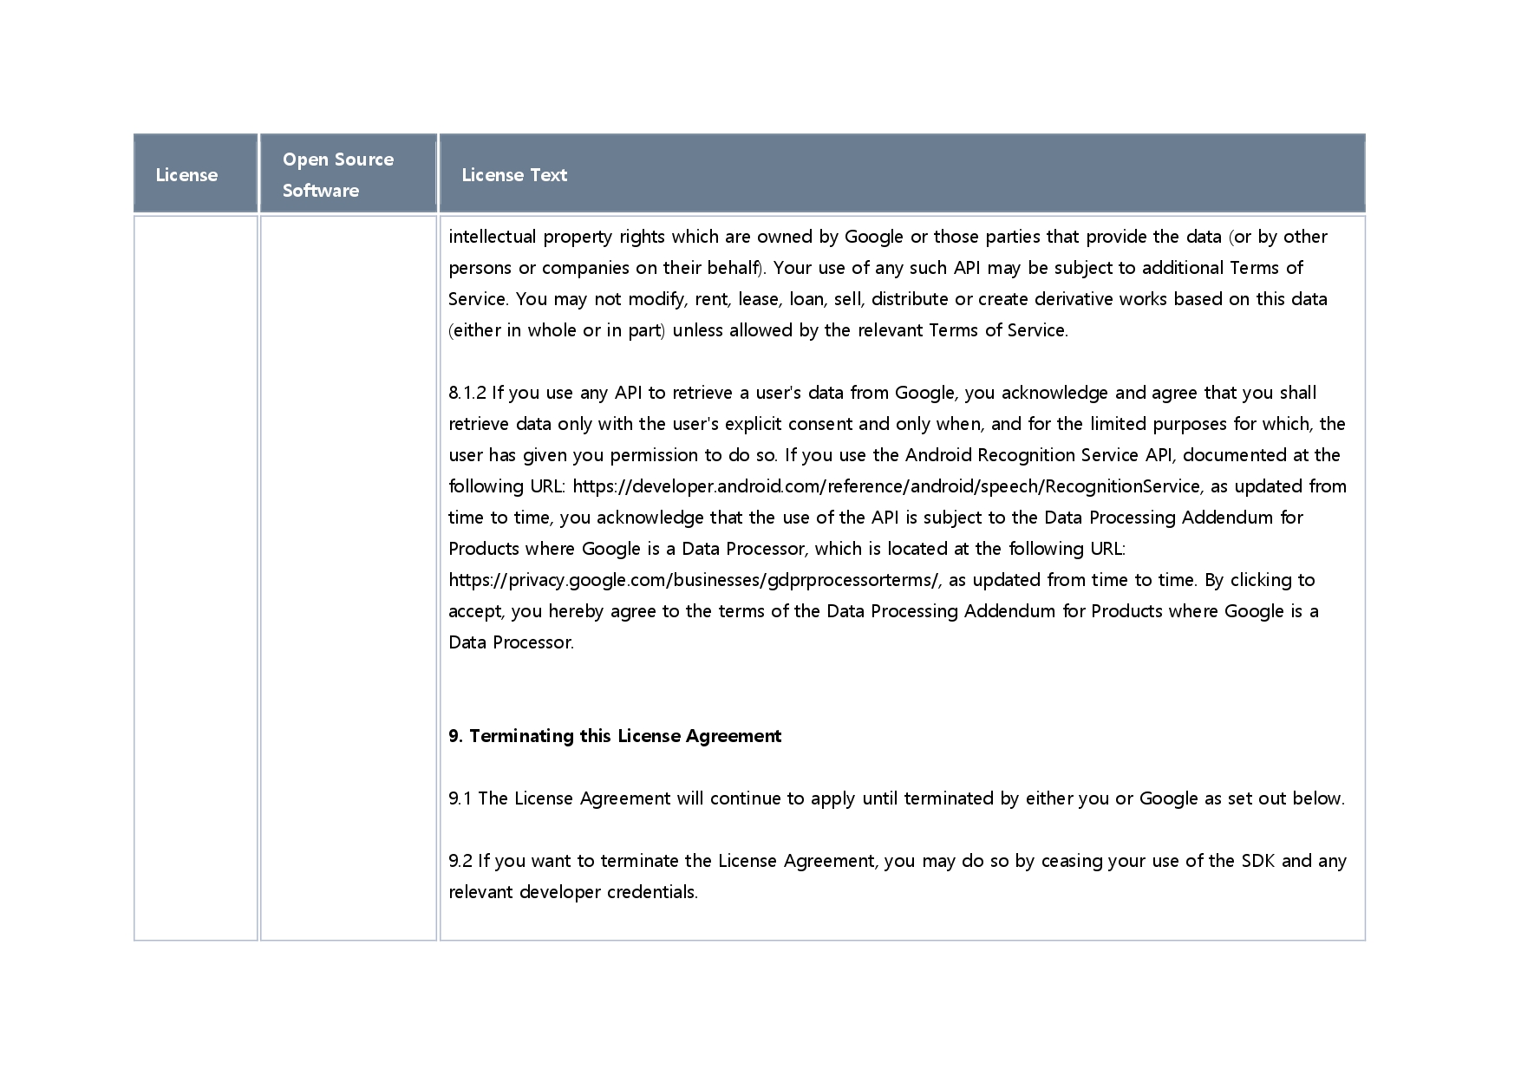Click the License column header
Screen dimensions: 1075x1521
point(186,175)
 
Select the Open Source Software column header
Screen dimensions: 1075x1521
point(337,174)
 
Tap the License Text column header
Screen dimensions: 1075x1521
point(514,175)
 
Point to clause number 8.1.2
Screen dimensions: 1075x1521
point(467,393)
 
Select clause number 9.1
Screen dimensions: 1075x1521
point(460,798)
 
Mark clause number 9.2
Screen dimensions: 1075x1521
point(460,861)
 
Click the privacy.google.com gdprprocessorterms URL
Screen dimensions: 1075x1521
point(694,580)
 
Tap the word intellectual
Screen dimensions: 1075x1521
point(492,237)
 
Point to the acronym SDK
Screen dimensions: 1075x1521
point(1257,861)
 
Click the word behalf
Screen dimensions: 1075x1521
point(733,268)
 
